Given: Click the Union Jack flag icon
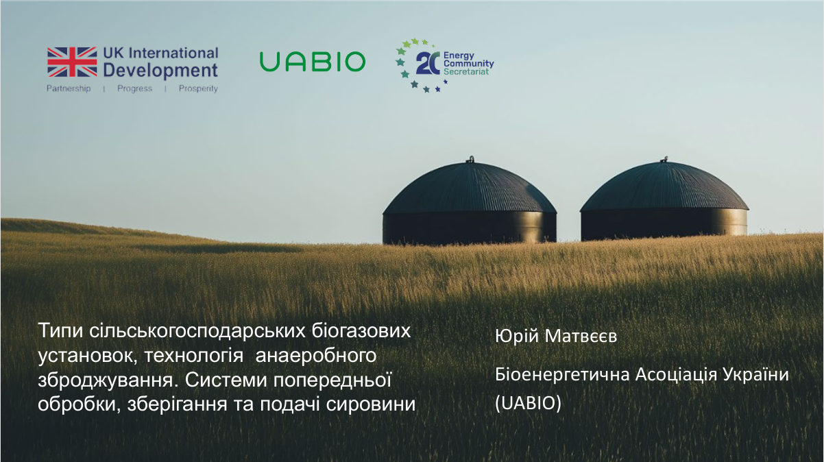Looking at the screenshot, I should [72, 61].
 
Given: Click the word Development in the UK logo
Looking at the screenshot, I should [160, 70].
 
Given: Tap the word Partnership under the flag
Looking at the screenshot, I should [69, 89].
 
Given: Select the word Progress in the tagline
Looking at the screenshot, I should [134, 89].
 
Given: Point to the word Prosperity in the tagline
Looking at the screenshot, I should [198, 89].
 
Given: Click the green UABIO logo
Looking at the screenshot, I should [312, 62].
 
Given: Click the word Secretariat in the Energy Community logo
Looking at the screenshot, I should [467, 71].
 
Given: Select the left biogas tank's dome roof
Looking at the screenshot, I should [469, 189].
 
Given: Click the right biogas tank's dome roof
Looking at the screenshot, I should [664, 186].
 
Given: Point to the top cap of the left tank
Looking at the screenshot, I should [470, 160].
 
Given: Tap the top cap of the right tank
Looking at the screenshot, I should [664, 159].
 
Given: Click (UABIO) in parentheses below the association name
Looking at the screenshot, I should [528, 404].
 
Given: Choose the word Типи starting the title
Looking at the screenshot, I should [60, 330].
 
